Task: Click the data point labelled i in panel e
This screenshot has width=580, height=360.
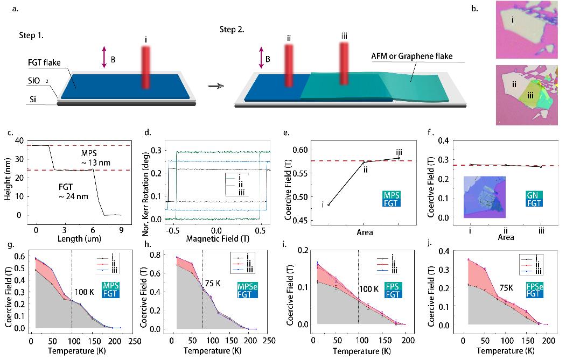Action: tap(329, 205)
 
